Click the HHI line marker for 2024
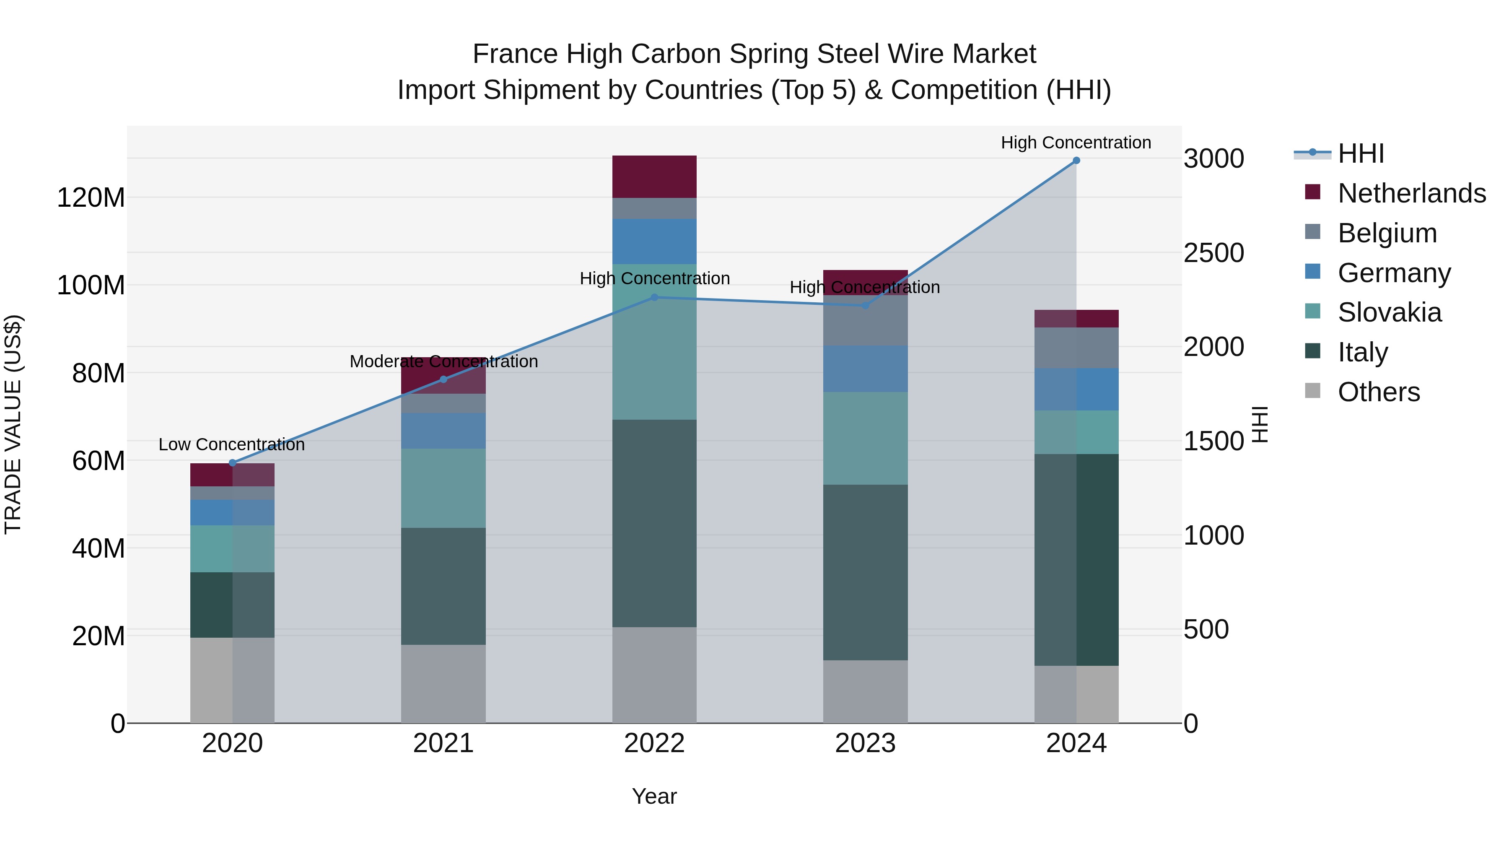(x=1076, y=161)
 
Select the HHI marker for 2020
(x=233, y=463)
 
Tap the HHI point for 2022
(x=654, y=297)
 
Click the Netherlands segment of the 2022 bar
(x=654, y=177)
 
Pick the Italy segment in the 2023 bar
(x=865, y=572)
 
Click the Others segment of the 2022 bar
(x=654, y=675)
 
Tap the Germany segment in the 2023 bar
(x=865, y=369)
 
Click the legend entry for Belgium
(x=1387, y=233)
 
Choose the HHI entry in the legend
(x=1360, y=153)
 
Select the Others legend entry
(x=1378, y=392)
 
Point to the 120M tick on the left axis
(x=91, y=198)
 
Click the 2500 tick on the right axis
(x=1214, y=253)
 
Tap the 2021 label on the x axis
(x=443, y=743)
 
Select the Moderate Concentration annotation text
(x=443, y=361)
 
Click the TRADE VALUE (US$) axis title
(x=13, y=424)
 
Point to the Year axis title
(x=654, y=796)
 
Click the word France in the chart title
(x=515, y=54)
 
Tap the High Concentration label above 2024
(x=1076, y=143)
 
